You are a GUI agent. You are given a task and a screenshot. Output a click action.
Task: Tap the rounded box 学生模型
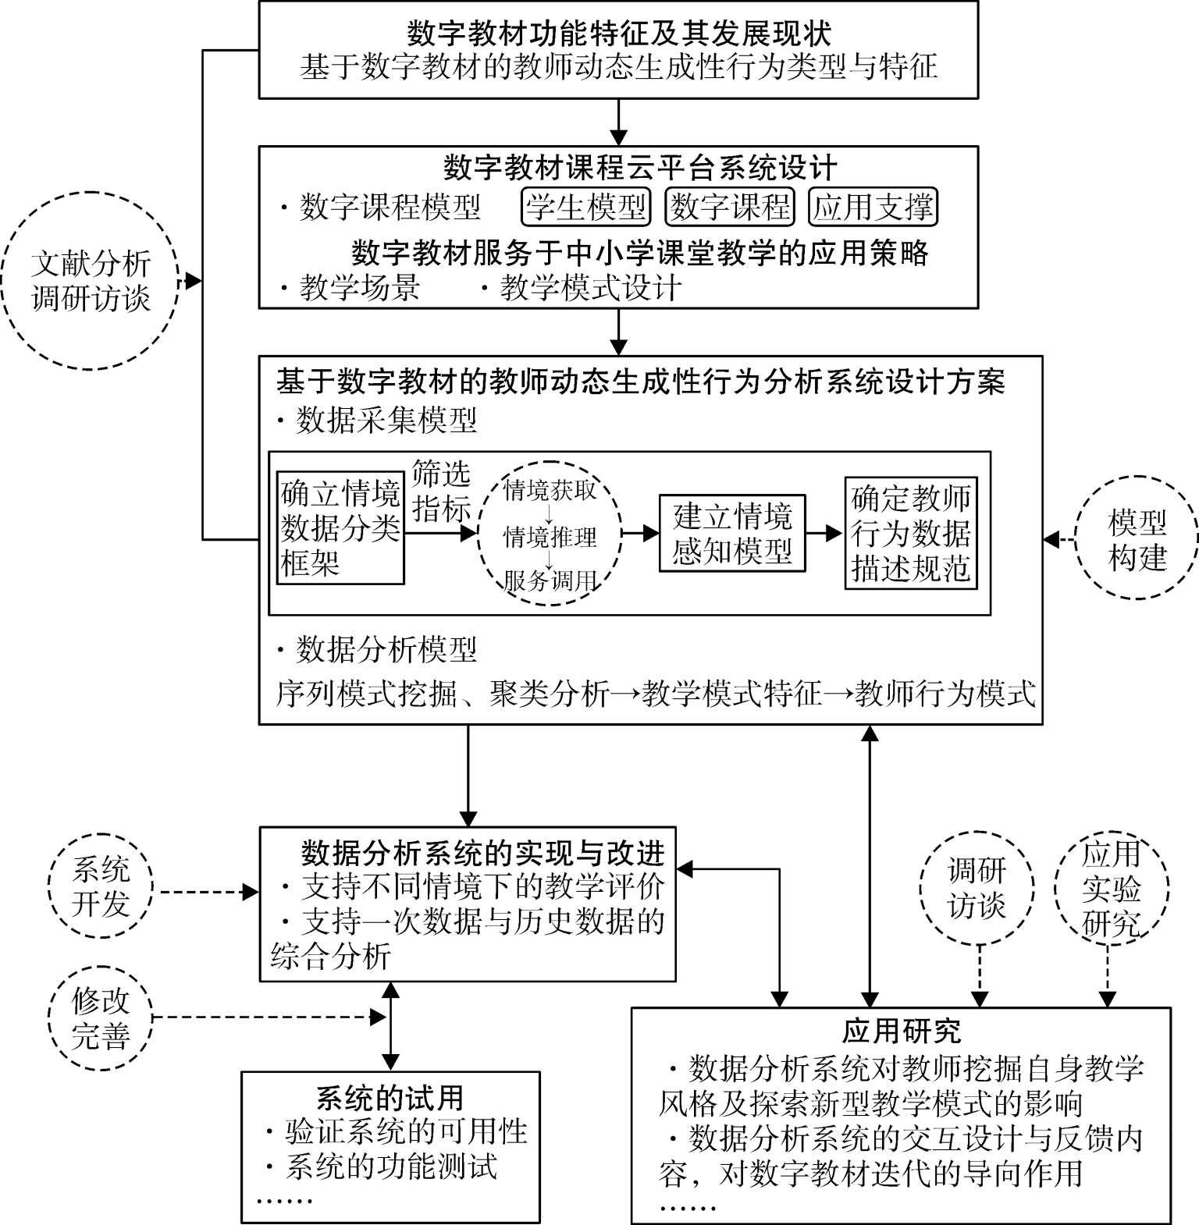pos(585,207)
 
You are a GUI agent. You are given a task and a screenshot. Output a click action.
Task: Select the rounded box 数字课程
pos(729,207)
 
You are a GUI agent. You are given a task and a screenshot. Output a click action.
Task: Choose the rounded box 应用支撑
pos(873,207)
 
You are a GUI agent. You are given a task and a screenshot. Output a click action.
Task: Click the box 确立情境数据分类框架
pos(340,527)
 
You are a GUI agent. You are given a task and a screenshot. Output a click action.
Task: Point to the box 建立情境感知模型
pos(732,534)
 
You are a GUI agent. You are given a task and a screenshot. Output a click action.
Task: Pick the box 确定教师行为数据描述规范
pos(911,533)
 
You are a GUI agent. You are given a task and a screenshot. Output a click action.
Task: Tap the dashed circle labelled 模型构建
pos(1137,539)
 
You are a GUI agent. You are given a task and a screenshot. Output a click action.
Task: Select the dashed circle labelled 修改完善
pos(101,1017)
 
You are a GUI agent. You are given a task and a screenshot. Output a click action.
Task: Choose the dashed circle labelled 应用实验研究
pos(1112,889)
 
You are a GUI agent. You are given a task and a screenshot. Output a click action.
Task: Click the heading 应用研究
pos(901,1031)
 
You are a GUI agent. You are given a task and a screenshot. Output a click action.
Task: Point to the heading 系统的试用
pos(390,1098)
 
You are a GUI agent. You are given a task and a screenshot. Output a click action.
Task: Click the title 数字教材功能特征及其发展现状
pos(618,34)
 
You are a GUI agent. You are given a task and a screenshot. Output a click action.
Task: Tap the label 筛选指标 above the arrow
pos(441,491)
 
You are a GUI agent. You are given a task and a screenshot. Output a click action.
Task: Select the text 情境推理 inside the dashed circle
pos(550,537)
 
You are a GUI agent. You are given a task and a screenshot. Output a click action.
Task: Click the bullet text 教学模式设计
pos(590,289)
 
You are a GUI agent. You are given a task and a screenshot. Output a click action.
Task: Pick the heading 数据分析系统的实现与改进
pos(482,853)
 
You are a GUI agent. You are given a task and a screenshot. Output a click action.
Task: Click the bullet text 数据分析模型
pos(386,649)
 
